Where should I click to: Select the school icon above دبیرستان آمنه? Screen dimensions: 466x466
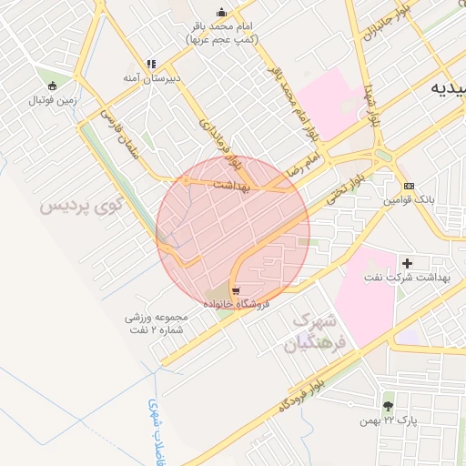(x=152, y=65)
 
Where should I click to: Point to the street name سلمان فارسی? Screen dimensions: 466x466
(x=119, y=137)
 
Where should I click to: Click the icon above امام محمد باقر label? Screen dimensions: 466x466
(x=221, y=13)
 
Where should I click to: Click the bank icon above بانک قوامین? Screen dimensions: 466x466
(x=409, y=185)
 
